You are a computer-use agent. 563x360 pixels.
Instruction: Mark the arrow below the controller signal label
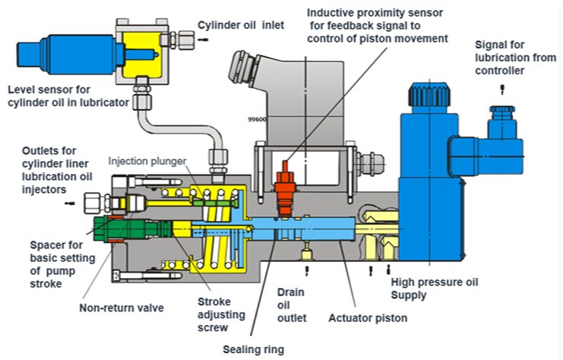[502, 89]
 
